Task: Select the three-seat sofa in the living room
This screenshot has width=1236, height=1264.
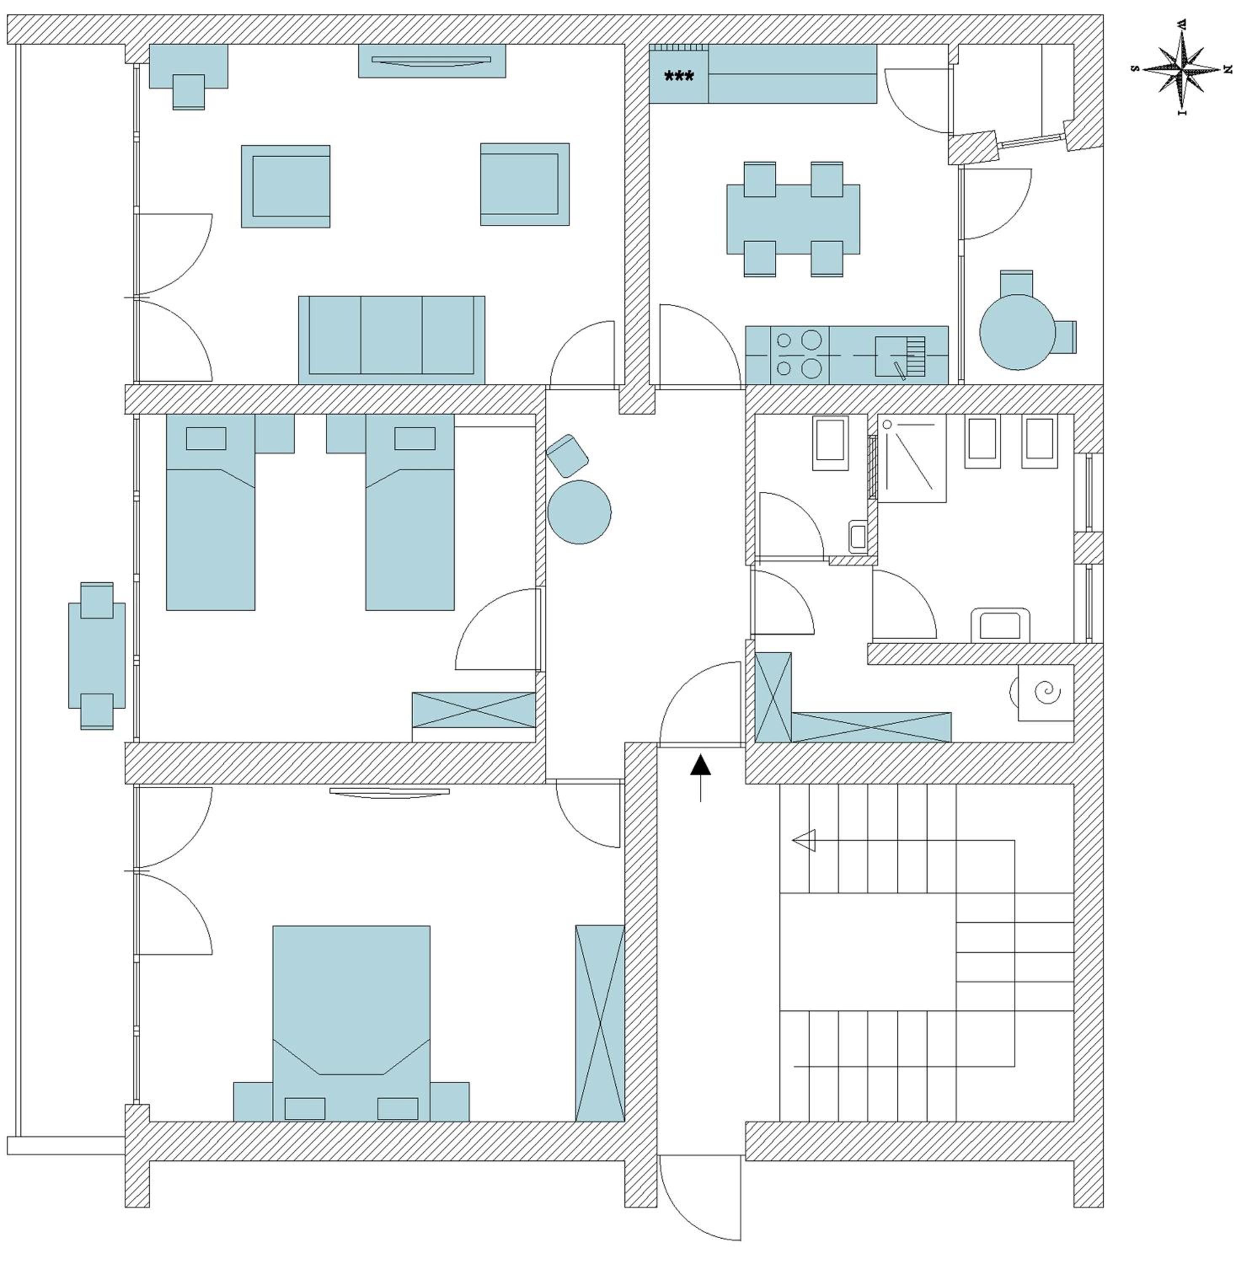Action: pos(391,340)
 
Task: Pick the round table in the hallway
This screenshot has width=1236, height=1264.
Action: pos(579,511)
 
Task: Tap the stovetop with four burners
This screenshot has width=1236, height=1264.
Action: pos(800,354)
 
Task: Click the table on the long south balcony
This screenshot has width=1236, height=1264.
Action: pos(97,656)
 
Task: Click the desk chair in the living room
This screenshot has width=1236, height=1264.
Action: pos(189,91)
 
